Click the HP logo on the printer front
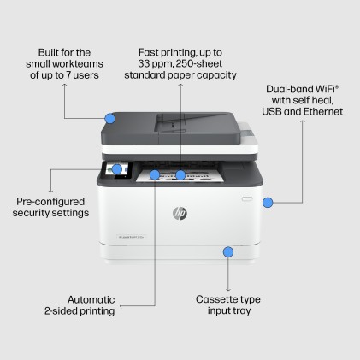point(179,212)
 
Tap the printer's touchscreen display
point(113,168)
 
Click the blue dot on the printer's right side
point(267,203)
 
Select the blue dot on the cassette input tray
point(227,251)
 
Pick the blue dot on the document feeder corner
point(109,118)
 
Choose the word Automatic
point(91,299)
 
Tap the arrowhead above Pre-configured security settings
point(51,191)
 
